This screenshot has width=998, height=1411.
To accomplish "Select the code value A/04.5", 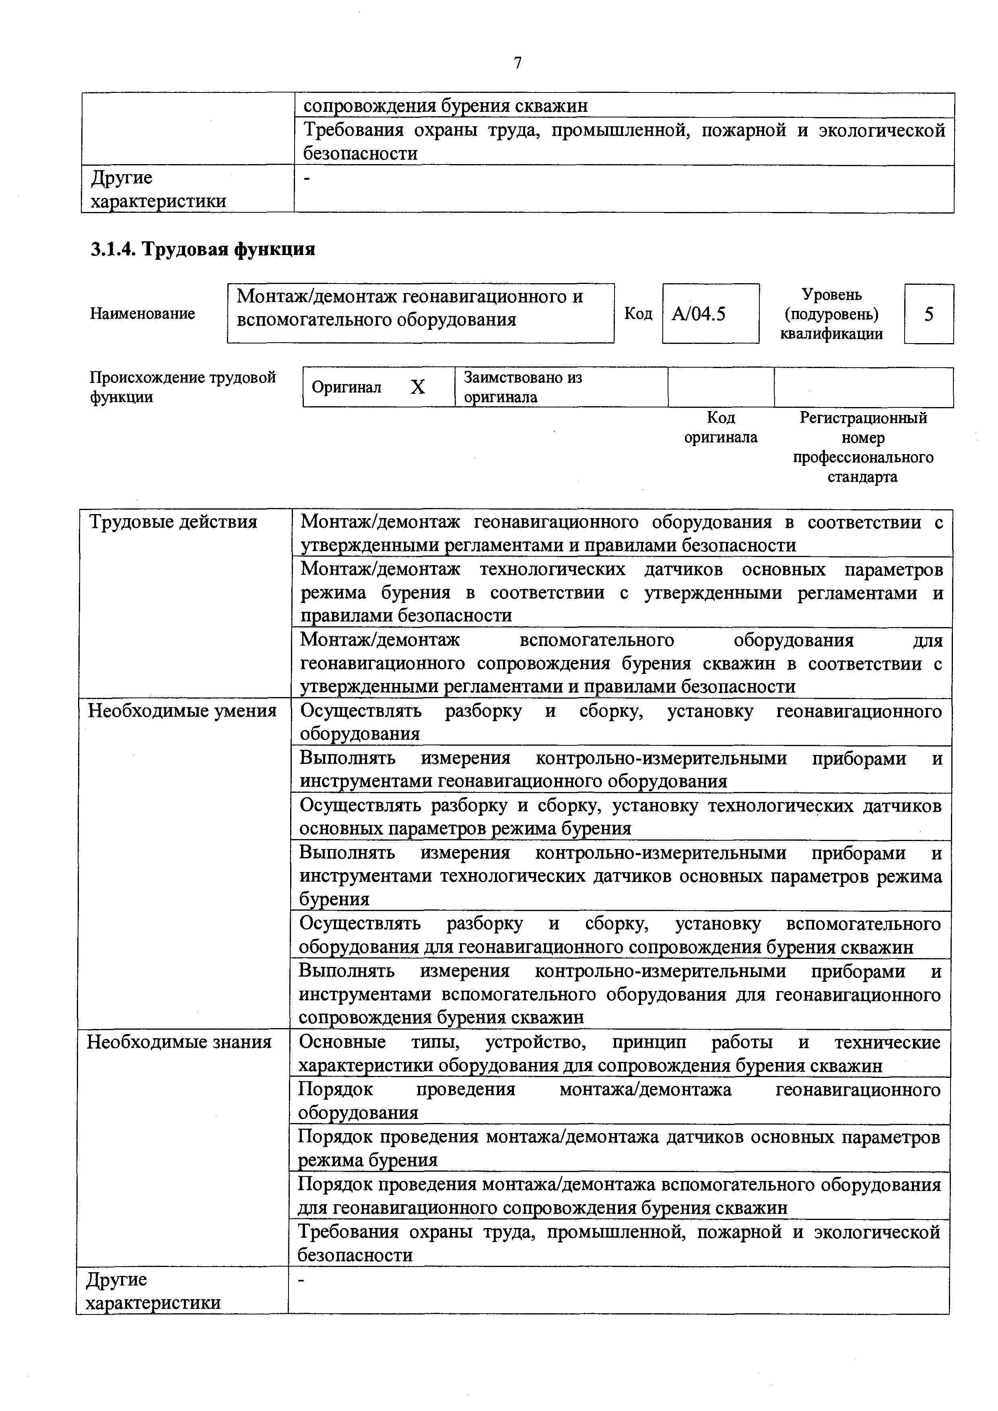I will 699,314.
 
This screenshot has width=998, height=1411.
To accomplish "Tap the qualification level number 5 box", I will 928,314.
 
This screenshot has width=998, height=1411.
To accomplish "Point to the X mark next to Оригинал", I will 418,387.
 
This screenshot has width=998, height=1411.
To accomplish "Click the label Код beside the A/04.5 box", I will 638,313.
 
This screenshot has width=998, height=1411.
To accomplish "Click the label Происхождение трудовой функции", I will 183,387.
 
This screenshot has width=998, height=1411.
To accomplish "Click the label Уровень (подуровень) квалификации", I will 831,314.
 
